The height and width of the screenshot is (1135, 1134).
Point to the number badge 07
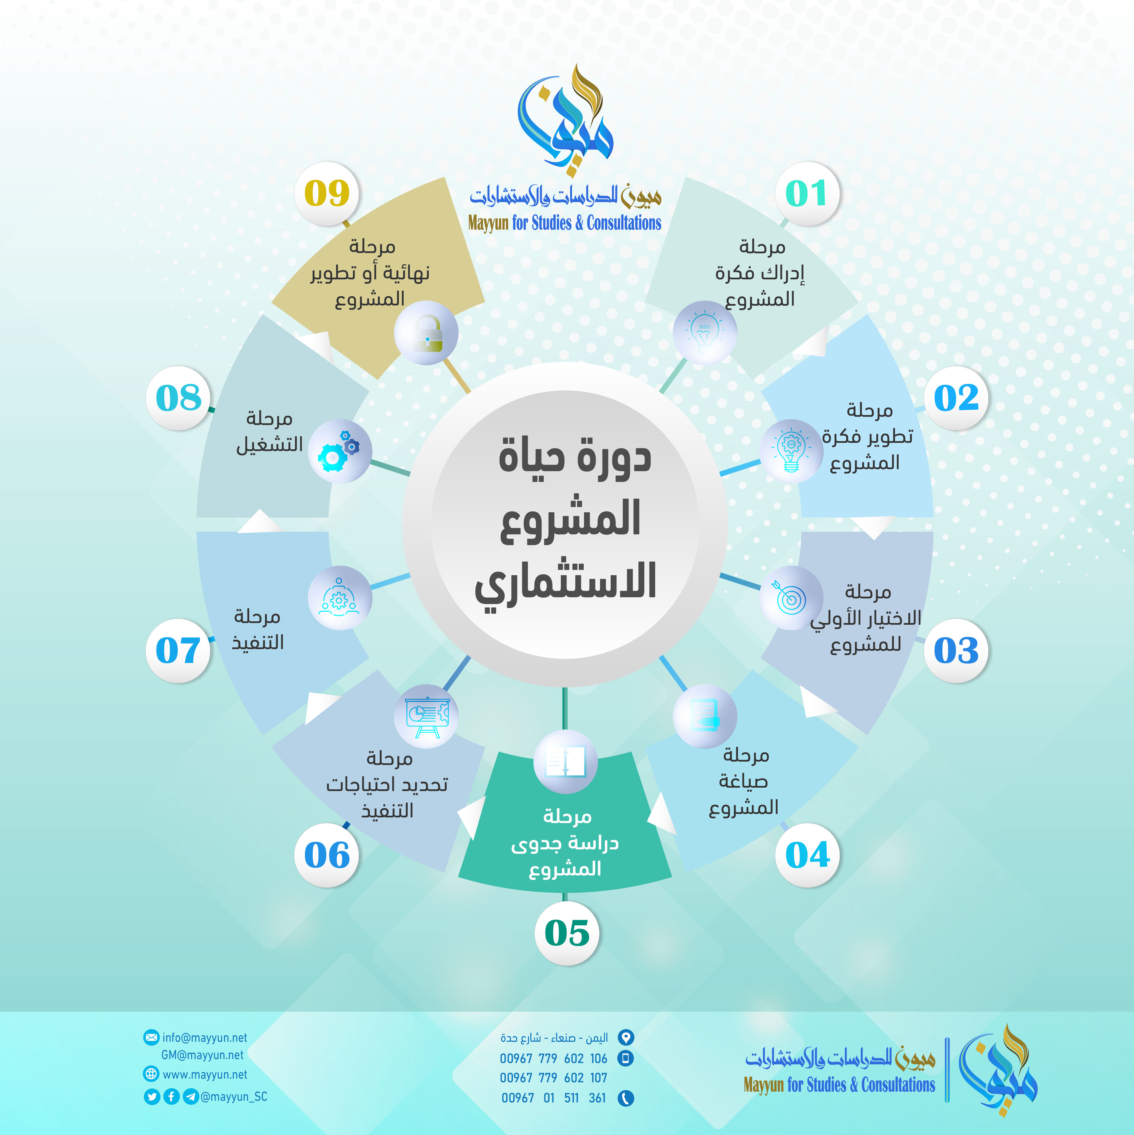click(x=178, y=650)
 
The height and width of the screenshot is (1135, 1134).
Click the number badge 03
click(x=956, y=650)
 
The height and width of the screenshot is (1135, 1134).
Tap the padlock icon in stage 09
click(x=428, y=333)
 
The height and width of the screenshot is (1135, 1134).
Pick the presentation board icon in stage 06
click(x=428, y=716)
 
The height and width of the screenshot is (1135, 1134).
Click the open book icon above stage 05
click(x=566, y=762)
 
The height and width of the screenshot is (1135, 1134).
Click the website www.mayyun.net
click(x=205, y=1074)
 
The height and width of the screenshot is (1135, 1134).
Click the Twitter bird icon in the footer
click(x=152, y=1096)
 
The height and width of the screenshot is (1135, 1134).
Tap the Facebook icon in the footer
click(x=171, y=1096)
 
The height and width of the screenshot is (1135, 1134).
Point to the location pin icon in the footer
click(x=625, y=1038)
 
